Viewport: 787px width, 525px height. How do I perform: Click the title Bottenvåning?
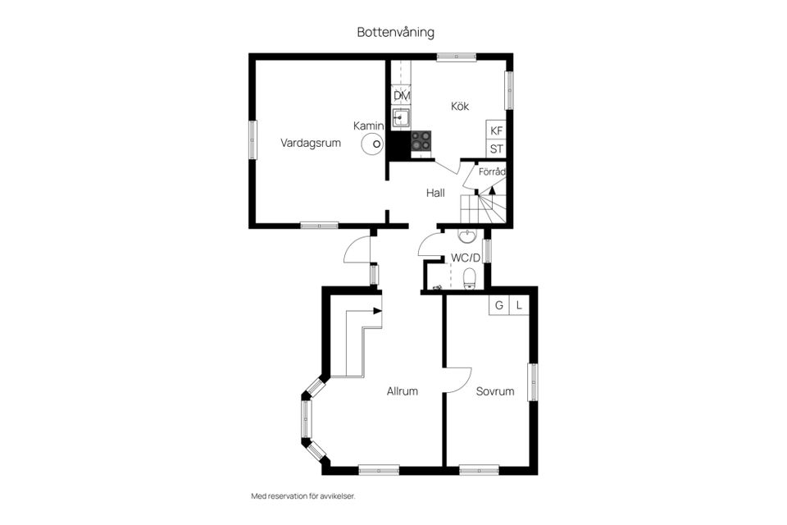tap(395, 32)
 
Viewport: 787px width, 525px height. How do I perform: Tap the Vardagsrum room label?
tap(310, 143)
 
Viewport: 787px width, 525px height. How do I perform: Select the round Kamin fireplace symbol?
tap(373, 144)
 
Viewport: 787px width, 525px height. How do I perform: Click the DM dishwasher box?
tap(401, 96)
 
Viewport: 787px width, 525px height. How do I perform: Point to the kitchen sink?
tap(401, 120)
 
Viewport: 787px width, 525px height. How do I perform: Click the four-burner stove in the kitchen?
tap(421, 142)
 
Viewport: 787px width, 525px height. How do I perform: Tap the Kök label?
tap(460, 106)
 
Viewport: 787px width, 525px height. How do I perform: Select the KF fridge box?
tap(496, 130)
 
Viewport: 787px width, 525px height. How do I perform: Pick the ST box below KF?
tap(496, 149)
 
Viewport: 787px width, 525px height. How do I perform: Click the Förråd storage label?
tap(492, 172)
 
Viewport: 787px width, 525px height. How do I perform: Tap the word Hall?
tap(435, 194)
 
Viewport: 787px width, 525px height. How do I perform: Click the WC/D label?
tap(465, 258)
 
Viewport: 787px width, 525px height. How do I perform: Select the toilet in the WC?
tap(470, 279)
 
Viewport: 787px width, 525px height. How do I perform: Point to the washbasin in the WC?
tap(466, 236)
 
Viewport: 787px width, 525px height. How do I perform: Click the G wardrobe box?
tap(498, 305)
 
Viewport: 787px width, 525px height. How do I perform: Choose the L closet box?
tap(519, 305)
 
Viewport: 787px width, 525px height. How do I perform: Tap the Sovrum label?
tap(495, 391)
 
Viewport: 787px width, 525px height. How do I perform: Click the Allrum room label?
tap(403, 391)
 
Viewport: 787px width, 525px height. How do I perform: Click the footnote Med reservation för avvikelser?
tap(303, 496)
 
